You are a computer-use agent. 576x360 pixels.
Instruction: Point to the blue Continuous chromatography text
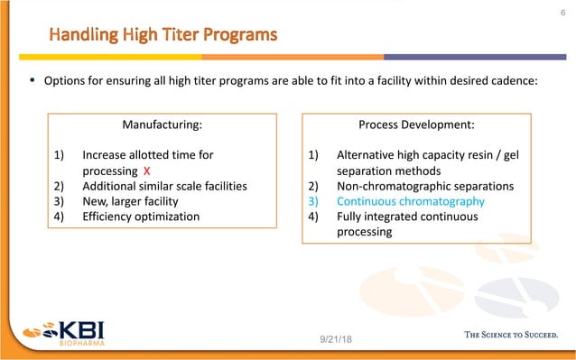click(x=410, y=201)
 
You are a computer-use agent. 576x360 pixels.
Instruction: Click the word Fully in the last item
click(x=349, y=217)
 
